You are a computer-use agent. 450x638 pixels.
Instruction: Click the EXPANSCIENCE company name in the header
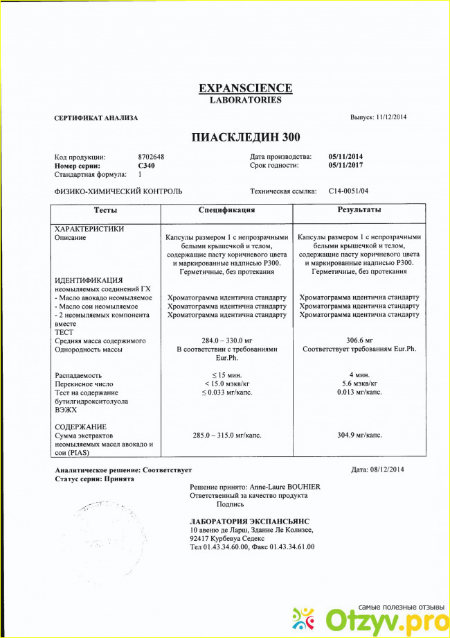(x=245, y=88)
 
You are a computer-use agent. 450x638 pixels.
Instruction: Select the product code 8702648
(x=151, y=157)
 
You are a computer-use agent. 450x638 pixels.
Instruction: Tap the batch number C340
(x=146, y=166)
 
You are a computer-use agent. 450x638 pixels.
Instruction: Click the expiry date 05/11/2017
(x=346, y=166)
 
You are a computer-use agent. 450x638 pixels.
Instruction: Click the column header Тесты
(x=105, y=210)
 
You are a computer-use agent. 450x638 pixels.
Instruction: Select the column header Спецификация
(x=226, y=210)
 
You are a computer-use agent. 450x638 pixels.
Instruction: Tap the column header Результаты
(x=359, y=210)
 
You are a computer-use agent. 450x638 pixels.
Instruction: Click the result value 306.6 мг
(x=359, y=340)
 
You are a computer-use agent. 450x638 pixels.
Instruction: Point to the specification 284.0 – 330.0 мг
(x=227, y=340)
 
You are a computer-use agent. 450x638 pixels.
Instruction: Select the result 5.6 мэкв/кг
(x=359, y=383)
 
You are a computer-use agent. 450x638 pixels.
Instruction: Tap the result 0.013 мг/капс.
(x=359, y=393)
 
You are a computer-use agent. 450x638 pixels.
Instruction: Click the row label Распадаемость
(x=80, y=375)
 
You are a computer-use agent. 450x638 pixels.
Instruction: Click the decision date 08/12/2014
(x=388, y=470)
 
